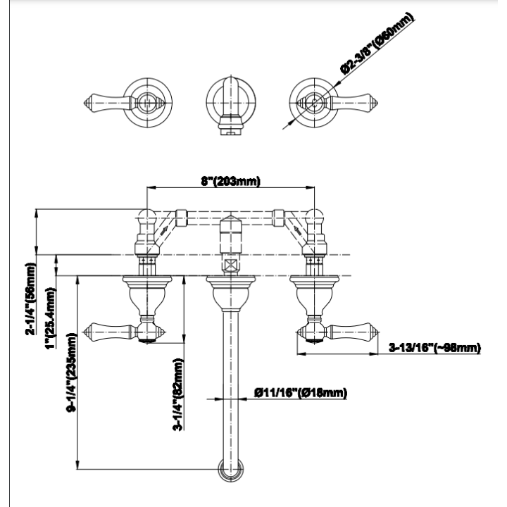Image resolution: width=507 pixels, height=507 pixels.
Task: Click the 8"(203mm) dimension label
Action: (230, 182)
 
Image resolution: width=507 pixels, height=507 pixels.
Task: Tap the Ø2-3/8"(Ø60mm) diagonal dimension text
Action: (377, 44)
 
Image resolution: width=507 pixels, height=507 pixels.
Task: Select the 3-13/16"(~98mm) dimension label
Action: (434, 348)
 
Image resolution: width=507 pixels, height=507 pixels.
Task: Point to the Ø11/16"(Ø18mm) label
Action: (301, 393)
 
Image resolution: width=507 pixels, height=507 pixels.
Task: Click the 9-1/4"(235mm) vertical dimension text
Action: (71, 373)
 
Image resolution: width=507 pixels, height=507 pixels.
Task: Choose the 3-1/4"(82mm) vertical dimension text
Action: (178, 394)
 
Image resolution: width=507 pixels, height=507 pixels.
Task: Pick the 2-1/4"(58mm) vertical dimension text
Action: (31, 299)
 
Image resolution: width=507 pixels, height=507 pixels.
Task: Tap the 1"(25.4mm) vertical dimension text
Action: (51, 318)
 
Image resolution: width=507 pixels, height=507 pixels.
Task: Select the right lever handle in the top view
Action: (353, 103)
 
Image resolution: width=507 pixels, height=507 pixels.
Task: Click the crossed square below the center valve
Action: (231, 266)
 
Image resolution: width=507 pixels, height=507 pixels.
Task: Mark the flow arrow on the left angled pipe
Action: (164, 231)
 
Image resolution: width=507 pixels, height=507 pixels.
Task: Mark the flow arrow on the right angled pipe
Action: (297, 231)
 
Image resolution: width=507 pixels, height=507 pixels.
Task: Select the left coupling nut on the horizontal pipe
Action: (182, 218)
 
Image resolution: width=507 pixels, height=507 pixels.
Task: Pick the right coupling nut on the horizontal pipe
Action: (278, 218)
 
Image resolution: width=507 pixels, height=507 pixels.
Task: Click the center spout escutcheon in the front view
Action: (231, 293)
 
